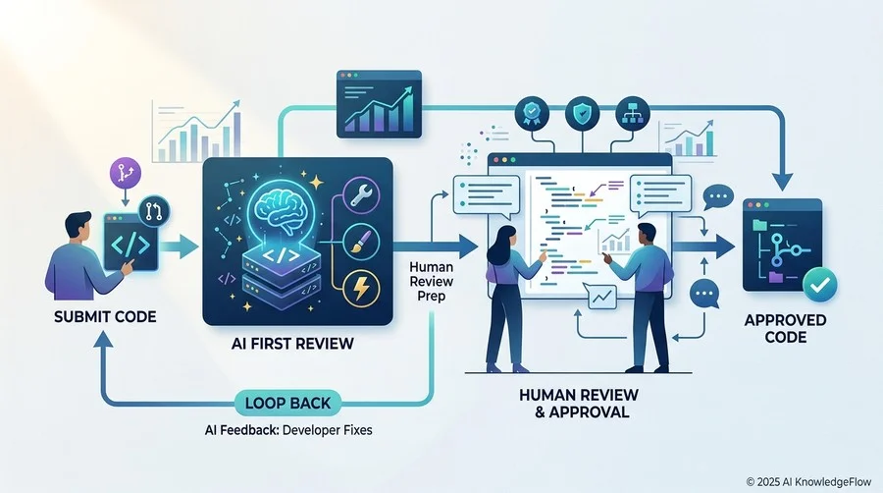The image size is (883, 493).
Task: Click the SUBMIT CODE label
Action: (x=105, y=316)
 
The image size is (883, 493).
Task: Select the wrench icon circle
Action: (x=360, y=194)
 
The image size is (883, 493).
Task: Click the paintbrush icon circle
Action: (x=360, y=242)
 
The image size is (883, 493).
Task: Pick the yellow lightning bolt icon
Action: (x=360, y=289)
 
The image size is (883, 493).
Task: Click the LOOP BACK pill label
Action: (x=287, y=403)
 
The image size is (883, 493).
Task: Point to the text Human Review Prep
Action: (x=432, y=281)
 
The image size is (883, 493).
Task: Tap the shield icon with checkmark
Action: (x=582, y=114)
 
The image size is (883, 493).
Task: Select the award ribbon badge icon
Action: (x=532, y=114)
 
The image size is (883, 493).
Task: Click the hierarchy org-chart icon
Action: (x=633, y=114)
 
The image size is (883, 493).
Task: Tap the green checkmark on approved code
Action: (x=819, y=285)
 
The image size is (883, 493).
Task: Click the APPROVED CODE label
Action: (x=786, y=328)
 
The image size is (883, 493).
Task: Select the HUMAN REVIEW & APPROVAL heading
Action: (x=578, y=403)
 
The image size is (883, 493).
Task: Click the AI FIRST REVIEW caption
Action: (x=292, y=343)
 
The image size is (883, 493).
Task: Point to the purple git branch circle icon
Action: (x=125, y=173)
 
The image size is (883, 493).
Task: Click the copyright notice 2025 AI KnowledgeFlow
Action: (x=808, y=482)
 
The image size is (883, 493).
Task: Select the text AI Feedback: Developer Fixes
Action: (x=288, y=430)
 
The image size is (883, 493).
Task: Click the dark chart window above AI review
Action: (x=379, y=104)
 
